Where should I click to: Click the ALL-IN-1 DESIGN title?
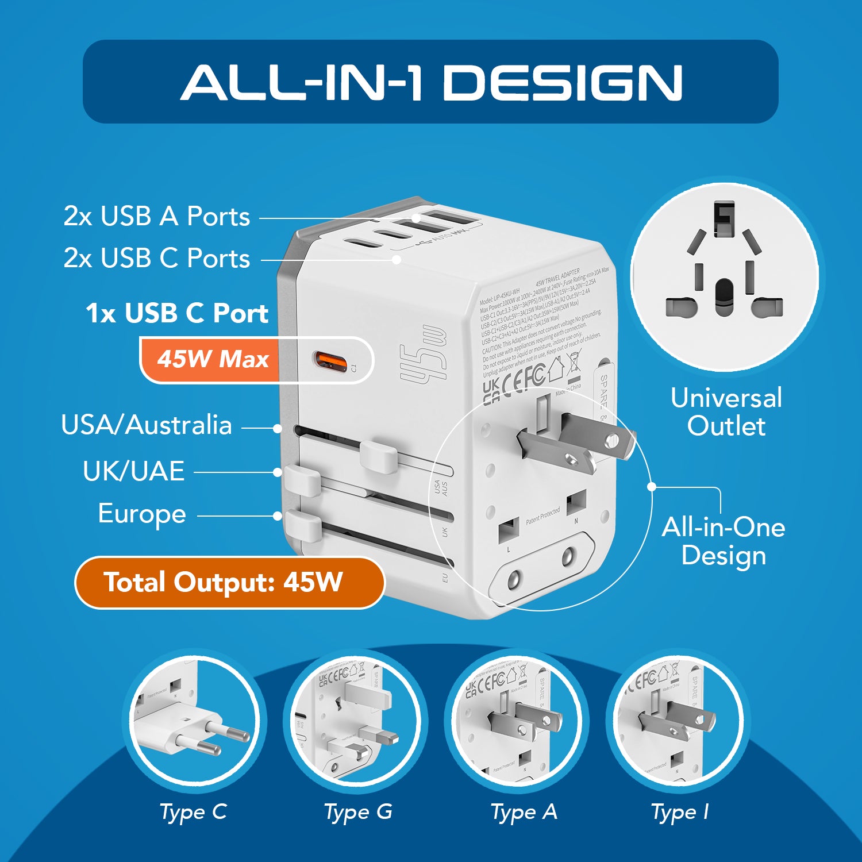point(431,82)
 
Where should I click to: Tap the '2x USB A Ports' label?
point(156,217)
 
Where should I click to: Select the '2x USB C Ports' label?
point(156,259)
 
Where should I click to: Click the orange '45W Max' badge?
point(213,359)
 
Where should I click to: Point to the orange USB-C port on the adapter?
point(330,363)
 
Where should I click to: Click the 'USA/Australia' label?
point(147,425)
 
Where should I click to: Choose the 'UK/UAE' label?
point(133,471)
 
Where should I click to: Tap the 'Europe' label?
point(142,514)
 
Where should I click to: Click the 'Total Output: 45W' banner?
point(224,582)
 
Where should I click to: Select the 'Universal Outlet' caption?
point(726,411)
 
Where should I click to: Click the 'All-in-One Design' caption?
point(723,541)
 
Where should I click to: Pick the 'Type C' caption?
point(193,812)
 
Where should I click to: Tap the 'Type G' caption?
point(358,812)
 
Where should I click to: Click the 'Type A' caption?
point(524,812)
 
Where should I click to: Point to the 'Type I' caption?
point(680,812)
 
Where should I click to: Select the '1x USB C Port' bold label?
point(177,313)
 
